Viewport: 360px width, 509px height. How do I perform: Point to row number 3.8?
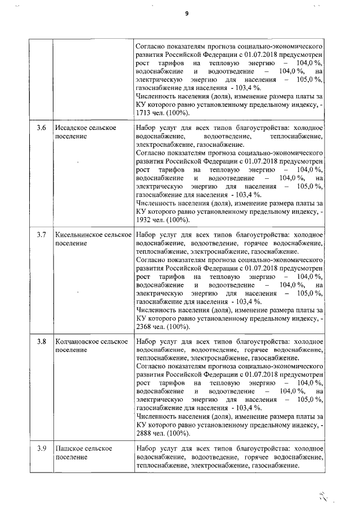[x=41, y=341]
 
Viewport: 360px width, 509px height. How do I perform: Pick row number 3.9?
[x=41, y=448]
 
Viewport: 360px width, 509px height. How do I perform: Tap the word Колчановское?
[x=75, y=341]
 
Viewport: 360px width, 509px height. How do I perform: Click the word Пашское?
[x=67, y=448]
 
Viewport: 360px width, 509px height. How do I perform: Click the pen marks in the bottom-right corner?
[x=323, y=495]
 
